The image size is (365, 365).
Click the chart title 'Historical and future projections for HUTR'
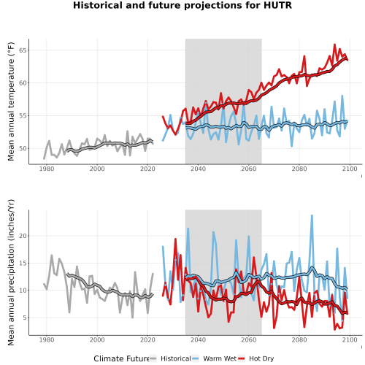[x=182, y=5]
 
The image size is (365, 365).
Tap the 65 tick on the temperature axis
[x=23, y=50]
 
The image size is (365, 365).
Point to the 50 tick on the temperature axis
[x=23, y=148]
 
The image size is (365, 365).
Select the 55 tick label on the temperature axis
[x=23, y=116]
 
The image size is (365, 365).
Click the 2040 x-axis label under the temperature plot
[x=198, y=169]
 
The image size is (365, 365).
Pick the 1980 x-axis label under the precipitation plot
[x=47, y=339]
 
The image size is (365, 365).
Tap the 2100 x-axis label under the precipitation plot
[x=350, y=339]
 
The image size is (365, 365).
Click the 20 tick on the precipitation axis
[x=23, y=236]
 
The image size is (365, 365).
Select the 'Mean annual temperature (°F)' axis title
[x=11, y=101]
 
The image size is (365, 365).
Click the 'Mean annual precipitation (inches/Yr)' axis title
[x=11, y=272]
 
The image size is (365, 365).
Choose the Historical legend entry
[x=170, y=358]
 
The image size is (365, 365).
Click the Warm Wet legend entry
[x=215, y=358]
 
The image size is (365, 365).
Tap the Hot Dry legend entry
[x=256, y=358]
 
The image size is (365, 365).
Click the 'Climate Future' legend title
[x=121, y=358]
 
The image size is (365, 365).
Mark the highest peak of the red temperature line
[x=334, y=45]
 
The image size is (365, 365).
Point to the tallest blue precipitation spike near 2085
[x=312, y=215]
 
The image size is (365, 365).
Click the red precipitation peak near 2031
[x=175, y=239]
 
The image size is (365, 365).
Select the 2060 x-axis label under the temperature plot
[x=249, y=169]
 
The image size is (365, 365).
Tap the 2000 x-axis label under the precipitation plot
[x=97, y=339]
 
